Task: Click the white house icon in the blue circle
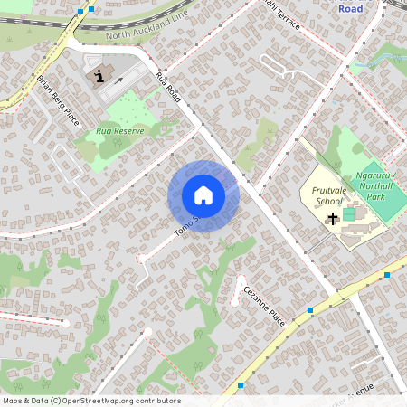203,195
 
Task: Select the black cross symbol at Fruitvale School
333,218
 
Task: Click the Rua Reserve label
120,130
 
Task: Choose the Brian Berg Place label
58,99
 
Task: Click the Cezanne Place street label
264,307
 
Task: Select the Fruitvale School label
328,196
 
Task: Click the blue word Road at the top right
350,7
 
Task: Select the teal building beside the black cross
350,213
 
